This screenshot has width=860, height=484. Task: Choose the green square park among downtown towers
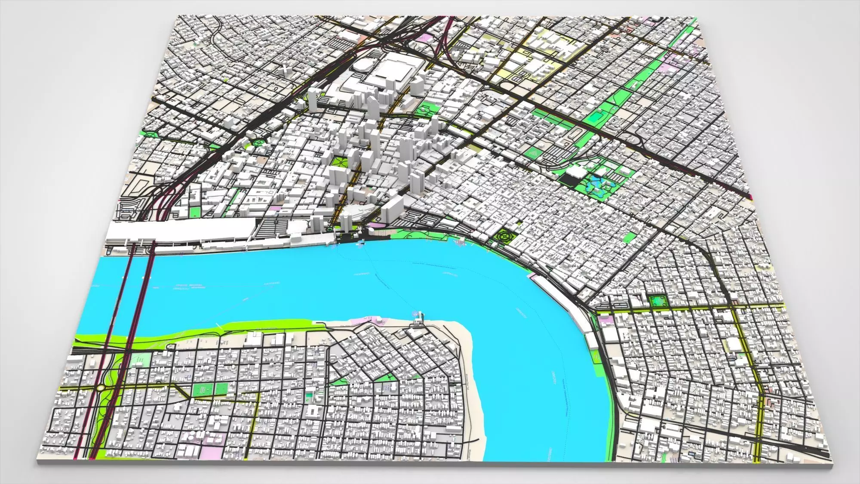pyautogui.click(x=339, y=162)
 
